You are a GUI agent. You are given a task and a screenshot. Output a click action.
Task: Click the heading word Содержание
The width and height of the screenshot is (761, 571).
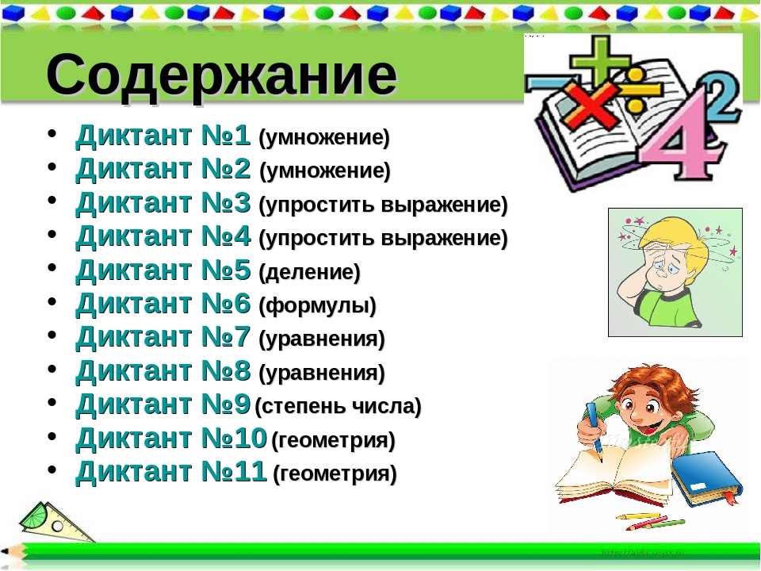221,76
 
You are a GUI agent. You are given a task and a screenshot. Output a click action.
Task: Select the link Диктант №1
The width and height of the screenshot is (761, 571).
163,137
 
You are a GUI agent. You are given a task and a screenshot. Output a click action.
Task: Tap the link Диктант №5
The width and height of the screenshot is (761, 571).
163,272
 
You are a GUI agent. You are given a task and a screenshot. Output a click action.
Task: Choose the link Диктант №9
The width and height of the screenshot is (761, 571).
163,406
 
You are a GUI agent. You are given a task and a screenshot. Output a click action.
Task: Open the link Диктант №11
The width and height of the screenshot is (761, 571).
170,473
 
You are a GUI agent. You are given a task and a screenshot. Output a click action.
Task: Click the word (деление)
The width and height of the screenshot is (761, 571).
309,273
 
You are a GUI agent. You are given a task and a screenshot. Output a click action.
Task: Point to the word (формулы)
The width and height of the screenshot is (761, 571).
317,306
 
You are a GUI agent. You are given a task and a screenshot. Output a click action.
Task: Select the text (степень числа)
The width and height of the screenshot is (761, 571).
338,408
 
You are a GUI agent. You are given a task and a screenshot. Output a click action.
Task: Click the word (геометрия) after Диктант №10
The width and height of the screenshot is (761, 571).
333,440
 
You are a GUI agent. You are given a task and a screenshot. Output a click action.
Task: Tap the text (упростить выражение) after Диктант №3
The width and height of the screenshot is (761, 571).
383,205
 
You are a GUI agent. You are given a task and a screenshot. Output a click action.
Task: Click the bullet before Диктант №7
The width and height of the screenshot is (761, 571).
52,339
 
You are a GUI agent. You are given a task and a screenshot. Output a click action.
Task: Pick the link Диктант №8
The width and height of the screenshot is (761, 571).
163,372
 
